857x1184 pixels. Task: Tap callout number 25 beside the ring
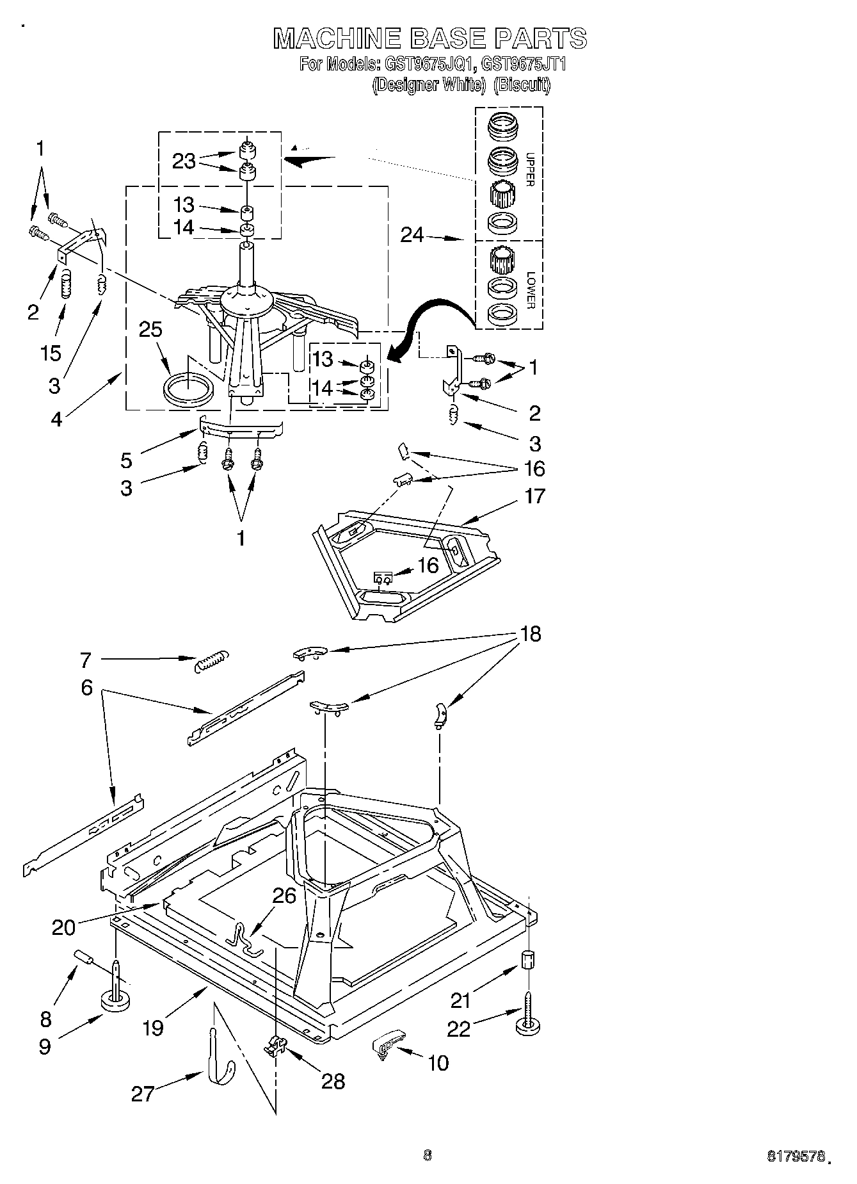[x=150, y=329]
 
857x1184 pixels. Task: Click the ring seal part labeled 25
[x=188, y=389]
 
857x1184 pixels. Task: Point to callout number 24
[x=412, y=236]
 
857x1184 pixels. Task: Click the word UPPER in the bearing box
[x=529, y=169]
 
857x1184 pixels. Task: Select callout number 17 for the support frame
[x=534, y=496]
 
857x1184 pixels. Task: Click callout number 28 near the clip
[x=333, y=1081]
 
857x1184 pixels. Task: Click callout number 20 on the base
[x=63, y=927]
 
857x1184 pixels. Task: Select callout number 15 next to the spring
[x=52, y=352]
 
